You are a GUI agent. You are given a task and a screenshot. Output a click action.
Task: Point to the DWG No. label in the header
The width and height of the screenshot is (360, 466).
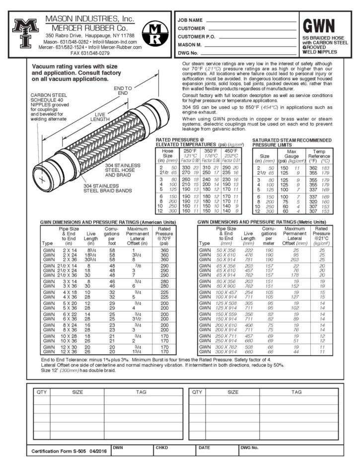pos(188,52)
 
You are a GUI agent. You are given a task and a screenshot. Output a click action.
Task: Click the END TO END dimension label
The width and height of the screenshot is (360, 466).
pos(122,91)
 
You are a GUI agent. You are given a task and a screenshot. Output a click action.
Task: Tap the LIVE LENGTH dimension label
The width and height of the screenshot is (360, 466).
pos(100,117)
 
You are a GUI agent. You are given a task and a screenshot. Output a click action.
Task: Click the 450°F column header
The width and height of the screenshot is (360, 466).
pos(229,150)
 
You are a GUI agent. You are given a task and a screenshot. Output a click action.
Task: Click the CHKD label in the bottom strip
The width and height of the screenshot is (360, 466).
pos(162,447)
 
